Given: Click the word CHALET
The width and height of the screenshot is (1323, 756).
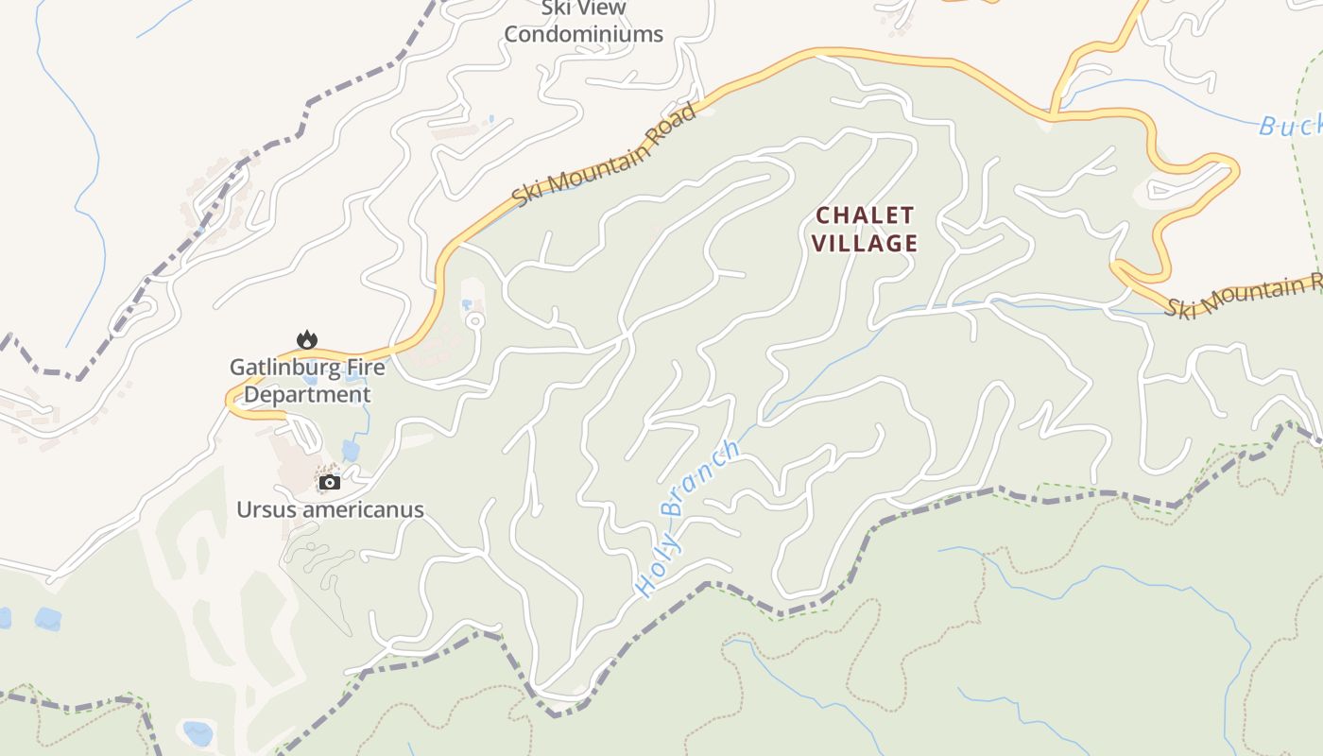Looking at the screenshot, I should (865, 215).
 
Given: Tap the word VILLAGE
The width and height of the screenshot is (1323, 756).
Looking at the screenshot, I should (865, 244).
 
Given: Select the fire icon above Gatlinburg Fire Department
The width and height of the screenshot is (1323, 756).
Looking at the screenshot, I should (306, 339).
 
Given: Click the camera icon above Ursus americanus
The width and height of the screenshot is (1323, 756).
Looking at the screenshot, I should (329, 482).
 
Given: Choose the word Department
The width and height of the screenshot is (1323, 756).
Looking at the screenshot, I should (307, 394).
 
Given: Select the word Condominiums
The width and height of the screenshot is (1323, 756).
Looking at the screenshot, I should (583, 35).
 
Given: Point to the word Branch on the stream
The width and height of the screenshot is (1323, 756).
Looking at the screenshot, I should (701, 477).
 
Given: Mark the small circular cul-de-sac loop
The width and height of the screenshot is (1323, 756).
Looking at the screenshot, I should (474, 322).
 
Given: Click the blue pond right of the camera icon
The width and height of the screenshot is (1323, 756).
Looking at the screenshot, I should (351, 451).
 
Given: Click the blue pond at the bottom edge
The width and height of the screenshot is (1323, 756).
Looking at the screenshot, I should (198, 733).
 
